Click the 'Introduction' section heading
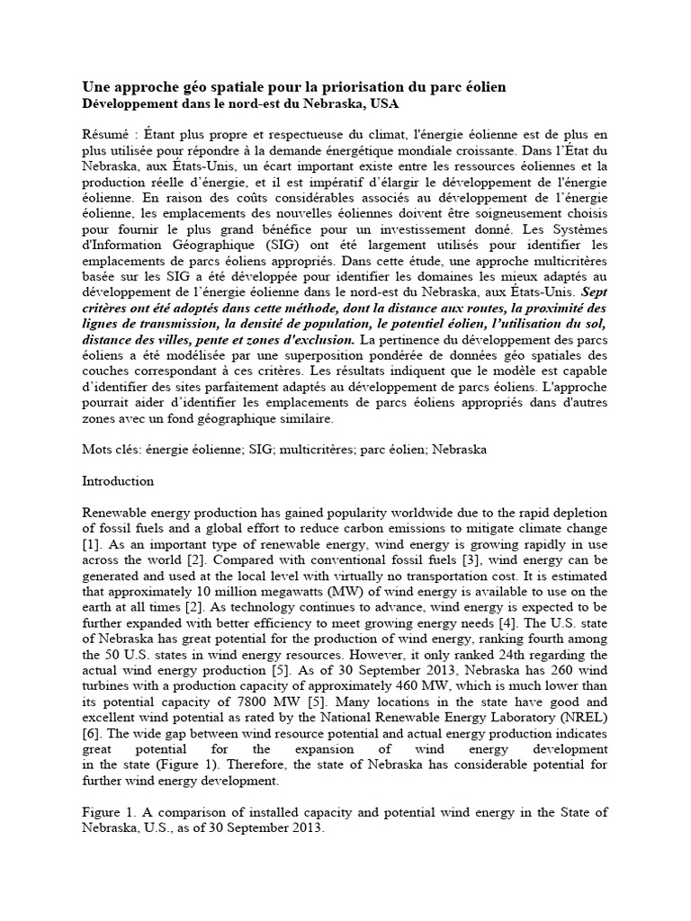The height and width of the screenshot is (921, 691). coord(117,481)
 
